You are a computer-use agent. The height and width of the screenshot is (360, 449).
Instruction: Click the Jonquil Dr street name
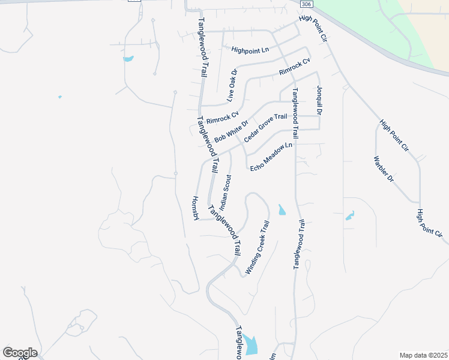[319, 100]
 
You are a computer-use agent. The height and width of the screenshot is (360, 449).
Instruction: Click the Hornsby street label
[196, 208]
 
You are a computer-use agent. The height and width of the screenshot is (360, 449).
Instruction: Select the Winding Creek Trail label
[258, 247]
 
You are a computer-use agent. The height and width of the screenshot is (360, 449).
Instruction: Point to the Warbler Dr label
[383, 169]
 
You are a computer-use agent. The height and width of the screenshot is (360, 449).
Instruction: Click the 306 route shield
[306, 4]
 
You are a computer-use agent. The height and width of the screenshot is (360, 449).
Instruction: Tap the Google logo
[20, 353]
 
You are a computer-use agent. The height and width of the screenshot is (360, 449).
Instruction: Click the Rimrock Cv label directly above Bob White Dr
[222, 117]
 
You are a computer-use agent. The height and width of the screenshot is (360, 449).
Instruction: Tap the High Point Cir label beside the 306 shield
[315, 28]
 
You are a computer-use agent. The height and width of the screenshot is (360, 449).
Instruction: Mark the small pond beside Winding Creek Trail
[282, 210]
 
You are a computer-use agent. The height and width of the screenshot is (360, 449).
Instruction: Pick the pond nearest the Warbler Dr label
[350, 216]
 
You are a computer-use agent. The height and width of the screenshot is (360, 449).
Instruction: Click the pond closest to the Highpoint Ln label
[128, 59]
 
